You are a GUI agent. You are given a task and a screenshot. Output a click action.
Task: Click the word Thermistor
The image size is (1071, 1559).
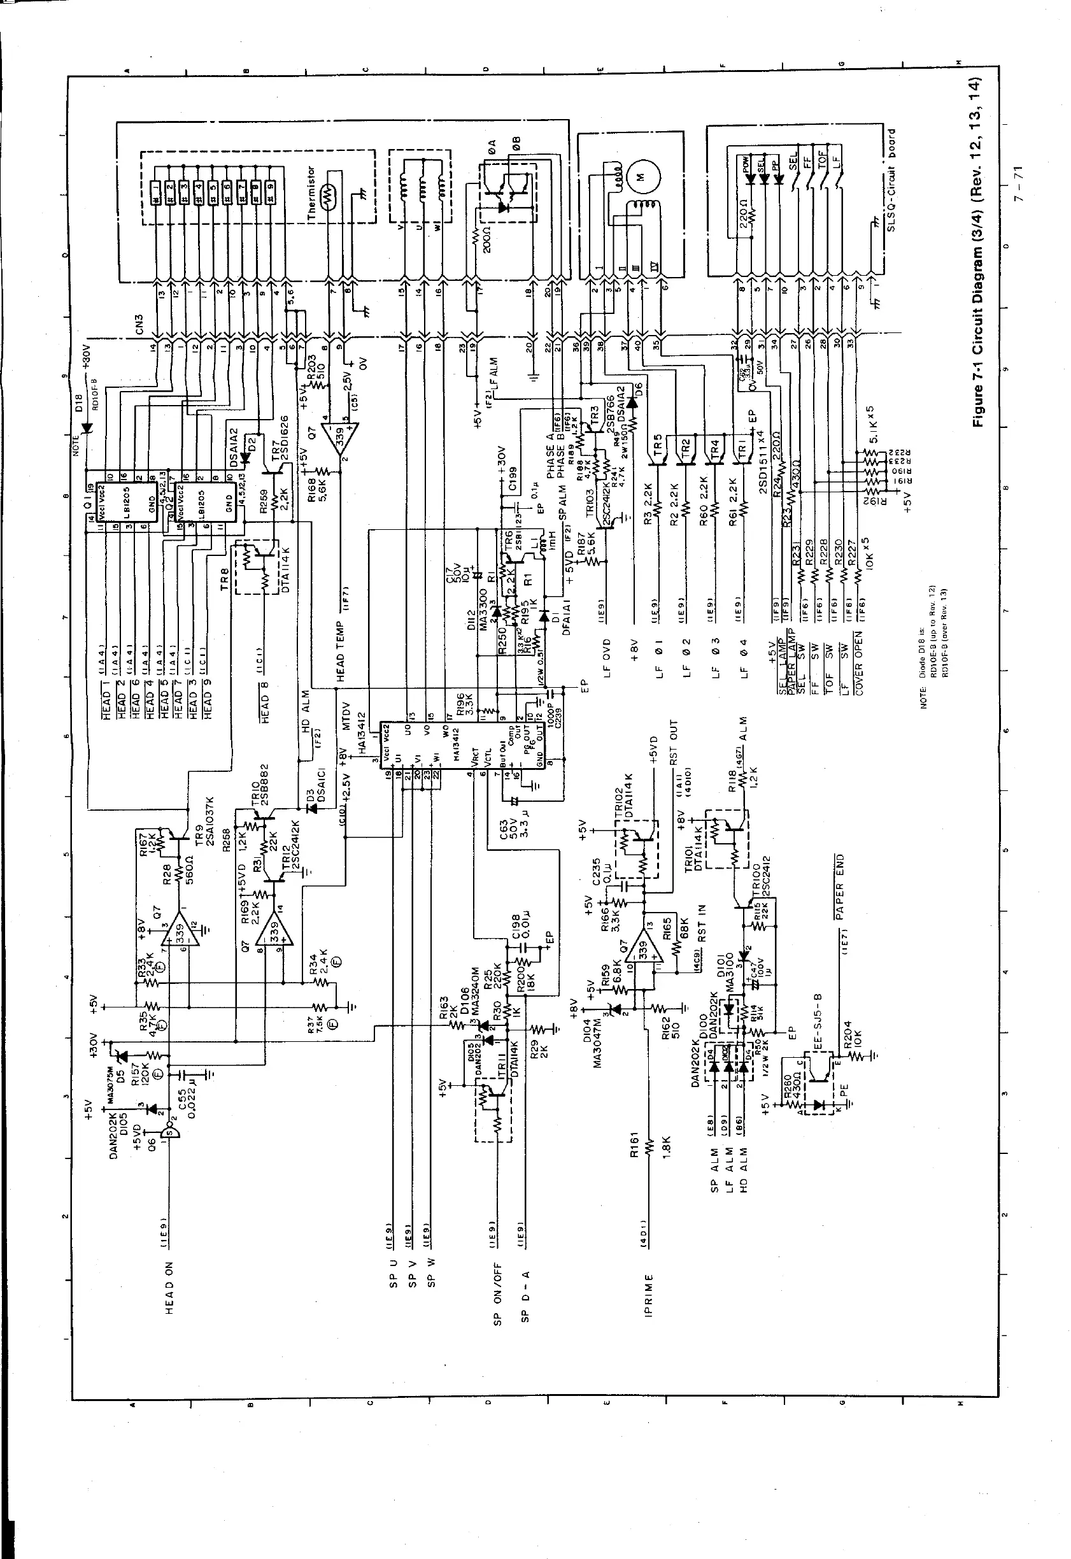point(311,194)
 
